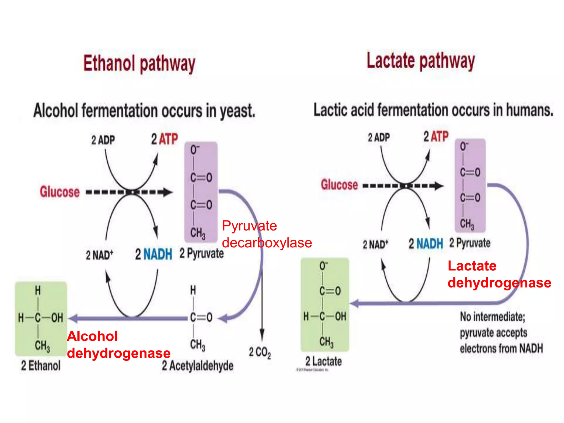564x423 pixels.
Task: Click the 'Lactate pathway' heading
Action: tap(421, 61)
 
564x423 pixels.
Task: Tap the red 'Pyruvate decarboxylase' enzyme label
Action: tap(267, 234)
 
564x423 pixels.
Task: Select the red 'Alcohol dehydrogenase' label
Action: tap(118, 345)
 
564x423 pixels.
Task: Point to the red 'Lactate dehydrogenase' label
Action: tap(499, 274)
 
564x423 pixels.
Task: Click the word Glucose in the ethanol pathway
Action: tap(60, 192)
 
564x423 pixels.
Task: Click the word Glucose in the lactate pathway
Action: tap(339, 185)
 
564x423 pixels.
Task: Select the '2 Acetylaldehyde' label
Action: tap(197, 366)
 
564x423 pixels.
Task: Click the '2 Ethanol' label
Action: tap(41, 366)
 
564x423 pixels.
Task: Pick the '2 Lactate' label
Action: tap(324, 361)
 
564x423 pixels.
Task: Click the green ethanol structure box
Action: tap(41, 319)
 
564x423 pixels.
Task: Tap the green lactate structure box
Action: tap(325, 305)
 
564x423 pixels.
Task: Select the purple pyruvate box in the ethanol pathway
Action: tap(201, 192)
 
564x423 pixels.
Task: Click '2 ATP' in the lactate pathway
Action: tap(436, 137)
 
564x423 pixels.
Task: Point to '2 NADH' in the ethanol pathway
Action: tap(153, 254)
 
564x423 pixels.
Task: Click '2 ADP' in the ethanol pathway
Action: tap(103, 140)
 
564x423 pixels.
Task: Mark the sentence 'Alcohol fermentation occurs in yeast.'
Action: tap(144, 111)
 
